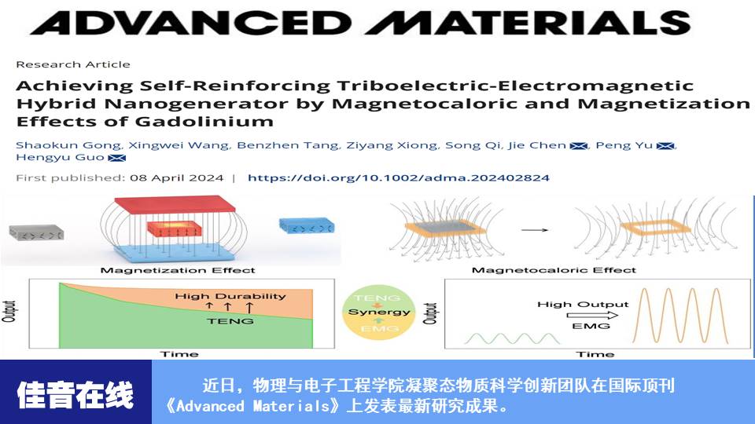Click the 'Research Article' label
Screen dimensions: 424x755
[73, 64]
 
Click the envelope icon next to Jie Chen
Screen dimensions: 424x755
[578, 146]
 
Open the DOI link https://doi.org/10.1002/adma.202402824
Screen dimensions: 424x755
[398, 178]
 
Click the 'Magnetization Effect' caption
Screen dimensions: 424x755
[177, 270]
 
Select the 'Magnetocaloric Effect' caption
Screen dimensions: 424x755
[554, 270]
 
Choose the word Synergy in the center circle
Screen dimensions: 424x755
[379, 312]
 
